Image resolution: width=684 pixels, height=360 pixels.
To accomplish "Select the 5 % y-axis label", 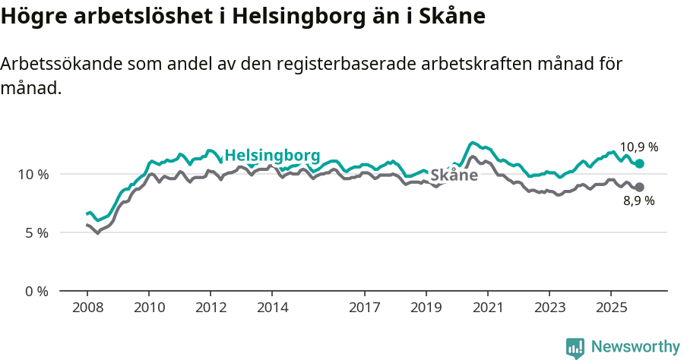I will pos(36,232).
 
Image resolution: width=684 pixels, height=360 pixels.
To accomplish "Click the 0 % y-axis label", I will pos(36,291).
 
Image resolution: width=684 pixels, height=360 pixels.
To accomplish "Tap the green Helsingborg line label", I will pos(272,154).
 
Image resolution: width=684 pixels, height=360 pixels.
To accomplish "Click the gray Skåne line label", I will pos(454,175).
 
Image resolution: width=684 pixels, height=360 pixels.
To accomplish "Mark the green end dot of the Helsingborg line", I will pos(640,163).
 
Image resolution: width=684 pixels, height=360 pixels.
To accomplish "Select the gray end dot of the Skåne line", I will pos(640,187).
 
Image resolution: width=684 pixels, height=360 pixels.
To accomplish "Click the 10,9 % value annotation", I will pos(638,147).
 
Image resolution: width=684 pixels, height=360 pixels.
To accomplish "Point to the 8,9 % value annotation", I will pos(638,201).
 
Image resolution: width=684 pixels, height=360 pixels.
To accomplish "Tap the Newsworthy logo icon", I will pos(575,348).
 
